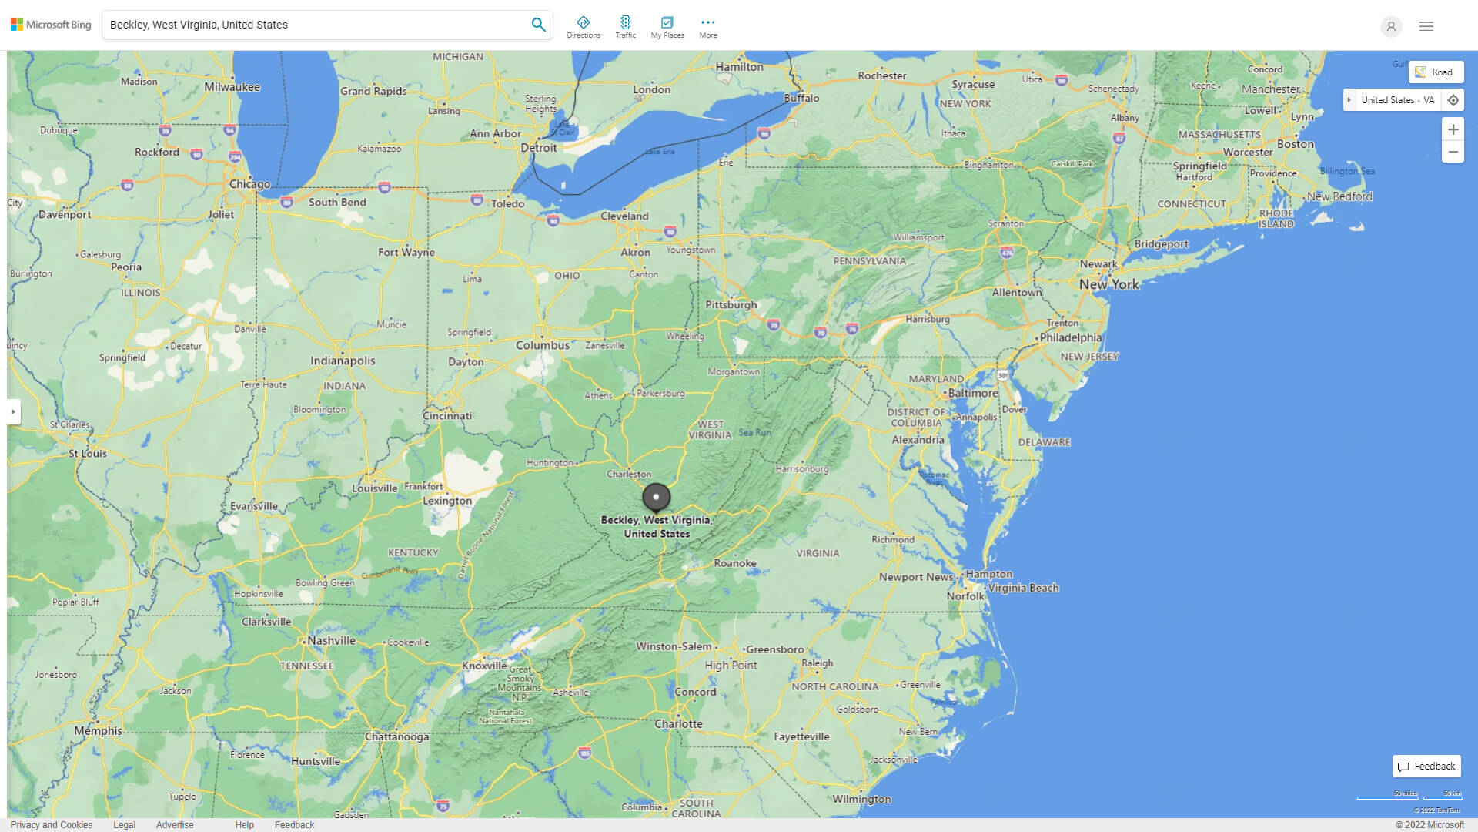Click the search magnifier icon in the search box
pyautogui.click(x=538, y=25)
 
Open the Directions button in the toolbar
pyautogui.click(x=584, y=26)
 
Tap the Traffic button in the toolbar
pyautogui.click(x=626, y=26)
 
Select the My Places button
pyautogui.click(x=667, y=26)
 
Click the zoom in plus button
pyautogui.click(x=1453, y=129)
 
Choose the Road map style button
pyautogui.click(x=1436, y=72)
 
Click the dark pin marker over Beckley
pyautogui.click(x=657, y=497)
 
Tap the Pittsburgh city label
pyautogui.click(x=731, y=304)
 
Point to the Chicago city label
pyautogui.click(x=249, y=184)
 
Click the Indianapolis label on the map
pyautogui.click(x=343, y=361)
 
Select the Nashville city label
pyautogui.click(x=331, y=641)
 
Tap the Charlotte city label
pyautogui.click(x=678, y=724)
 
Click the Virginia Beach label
pyautogui.click(x=1023, y=588)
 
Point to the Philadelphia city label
pyautogui.click(x=1071, y=337)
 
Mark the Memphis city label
pyautogui.click(x=98, y=730)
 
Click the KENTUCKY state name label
pyautogui.click(x=413, y=552)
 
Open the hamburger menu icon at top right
pyautogui.click(x=1426, y=26)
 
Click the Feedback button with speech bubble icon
pyautogui.click(x=1426, y=767)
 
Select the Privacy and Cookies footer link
pyautogui.click(x=52, y=825)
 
